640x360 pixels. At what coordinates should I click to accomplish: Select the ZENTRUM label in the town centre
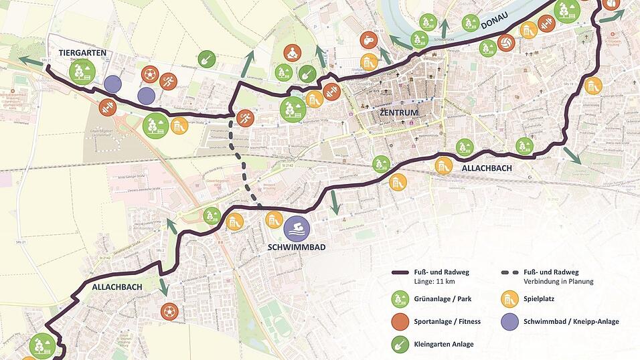[x=398, y=112]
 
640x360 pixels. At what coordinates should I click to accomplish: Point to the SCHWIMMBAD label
[x=296, y=247]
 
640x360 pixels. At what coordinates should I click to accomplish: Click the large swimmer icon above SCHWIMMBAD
[x=296, y=228]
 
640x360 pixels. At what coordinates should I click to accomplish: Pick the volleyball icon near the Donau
[x=506, y=43]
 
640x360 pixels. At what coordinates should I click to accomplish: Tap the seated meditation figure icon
[x=292, y=53]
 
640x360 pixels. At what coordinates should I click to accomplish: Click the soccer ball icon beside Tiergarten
[x=149, y=74]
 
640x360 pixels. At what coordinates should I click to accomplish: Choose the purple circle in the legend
[x=510, y=321]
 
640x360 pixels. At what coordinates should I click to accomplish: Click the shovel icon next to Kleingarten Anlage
[x=400, y=343]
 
